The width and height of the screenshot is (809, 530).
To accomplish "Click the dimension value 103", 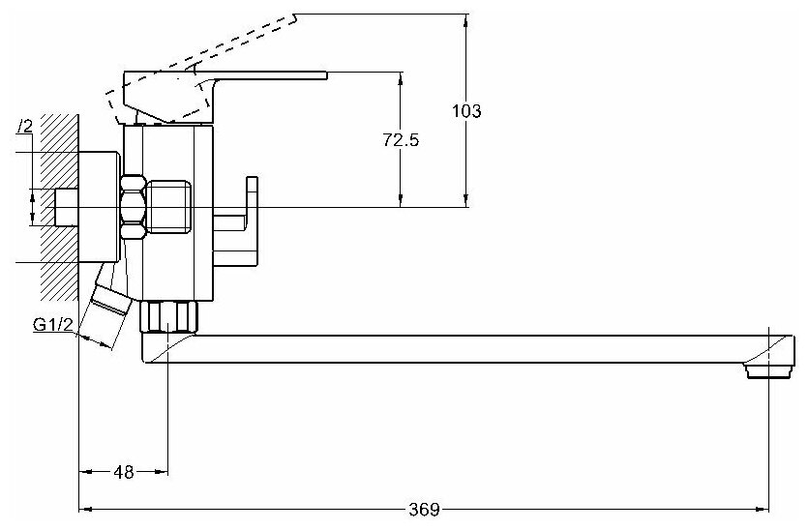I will pos(466,111).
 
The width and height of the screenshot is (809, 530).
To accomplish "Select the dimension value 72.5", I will pos(400,140).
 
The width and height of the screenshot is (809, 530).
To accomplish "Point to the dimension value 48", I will pos(124,472).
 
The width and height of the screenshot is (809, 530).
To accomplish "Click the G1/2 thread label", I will pos(52,324).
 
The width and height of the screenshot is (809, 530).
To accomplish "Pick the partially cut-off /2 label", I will pos(25,126).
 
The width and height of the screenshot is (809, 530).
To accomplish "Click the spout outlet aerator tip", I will pos(767,369).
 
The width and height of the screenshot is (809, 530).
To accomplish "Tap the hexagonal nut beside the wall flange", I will pos(134,206).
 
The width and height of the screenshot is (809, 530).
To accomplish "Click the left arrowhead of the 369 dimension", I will pos(84,508).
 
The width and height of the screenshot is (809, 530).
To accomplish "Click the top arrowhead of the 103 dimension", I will pos(467,20).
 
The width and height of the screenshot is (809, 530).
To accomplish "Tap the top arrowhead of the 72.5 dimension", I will pos(400,77).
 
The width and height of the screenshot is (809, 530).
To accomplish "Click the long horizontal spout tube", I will pos(464,348).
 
